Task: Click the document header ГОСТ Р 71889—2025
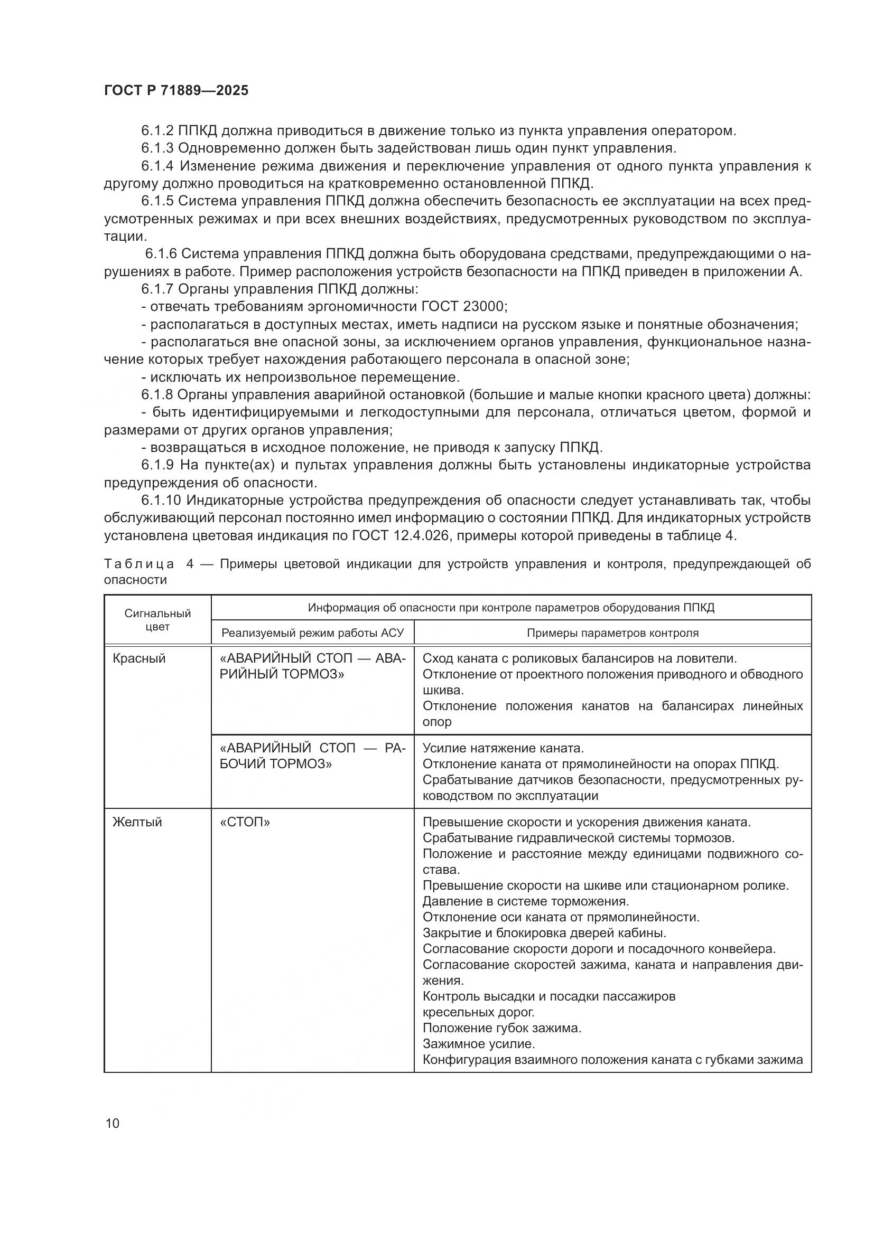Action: (176, 90)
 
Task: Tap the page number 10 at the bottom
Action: (113, 1123)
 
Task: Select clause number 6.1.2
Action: (157, 131)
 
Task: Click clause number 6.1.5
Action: (157, 201)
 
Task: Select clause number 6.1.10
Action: (162, 500)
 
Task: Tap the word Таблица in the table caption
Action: (139, 564)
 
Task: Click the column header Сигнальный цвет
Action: (157, 620)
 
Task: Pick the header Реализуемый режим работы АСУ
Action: (312, 633)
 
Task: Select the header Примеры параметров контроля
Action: (612, 633)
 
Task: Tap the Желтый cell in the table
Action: (137, 822)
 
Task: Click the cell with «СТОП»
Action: (245, 822)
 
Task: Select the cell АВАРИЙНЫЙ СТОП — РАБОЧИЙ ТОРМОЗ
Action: (312, 756)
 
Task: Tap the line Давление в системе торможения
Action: (525, 901)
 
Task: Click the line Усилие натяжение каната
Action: (503, 748)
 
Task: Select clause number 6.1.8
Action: (157, 395)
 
